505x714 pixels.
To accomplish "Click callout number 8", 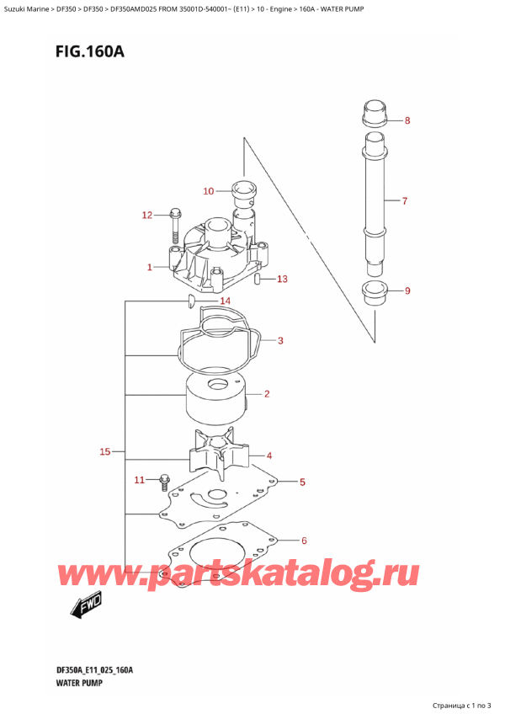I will (x=407, y=121).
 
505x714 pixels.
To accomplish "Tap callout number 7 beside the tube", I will (x=405, y=201).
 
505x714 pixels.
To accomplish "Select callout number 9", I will (x=407, y=291).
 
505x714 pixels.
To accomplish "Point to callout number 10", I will (x=209, y=191).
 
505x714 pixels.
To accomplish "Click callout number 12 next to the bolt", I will (x=146, y=216).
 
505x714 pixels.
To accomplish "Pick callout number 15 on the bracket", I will (x=105, y=452).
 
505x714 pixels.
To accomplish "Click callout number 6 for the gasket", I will (x=304, y=541).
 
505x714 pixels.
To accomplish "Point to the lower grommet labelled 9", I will (x=375, y=295).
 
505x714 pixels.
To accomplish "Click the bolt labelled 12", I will (x=175, y=221).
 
